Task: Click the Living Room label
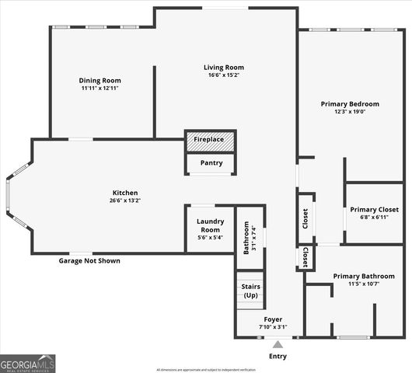click(x=224, y=68)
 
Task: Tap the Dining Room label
click(x=100, y=80)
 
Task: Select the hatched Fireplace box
click(x=209, y=140)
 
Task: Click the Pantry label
click(x=211, y=163)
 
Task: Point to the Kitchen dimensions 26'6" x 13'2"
click(x=124, y=201)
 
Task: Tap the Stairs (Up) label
click(x=250, y=291)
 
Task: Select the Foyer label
click(x=273, y=319)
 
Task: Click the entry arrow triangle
click(x=278, y=344)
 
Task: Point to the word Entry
click(x=278, y=357)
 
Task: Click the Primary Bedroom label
click(x=350, y=103)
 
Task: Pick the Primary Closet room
click(x=374, y=213)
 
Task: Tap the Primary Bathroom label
click(x=363, y=276)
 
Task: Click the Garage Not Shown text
click(x=89, y=261)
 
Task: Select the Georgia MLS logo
click(x=28, y=364)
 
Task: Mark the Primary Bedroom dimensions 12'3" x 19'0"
click(x=350, y=112)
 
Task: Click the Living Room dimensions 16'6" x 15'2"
click(x=224, y=75)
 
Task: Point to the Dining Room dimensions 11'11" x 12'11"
click(x=100, y=89)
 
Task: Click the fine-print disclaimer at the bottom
click(x=206, y=369)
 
